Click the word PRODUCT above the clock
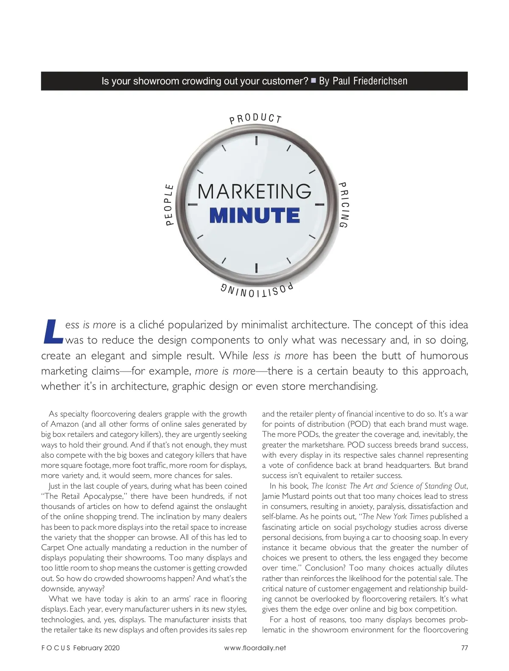(x=256, y=118)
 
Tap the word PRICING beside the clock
(x=343, y=205)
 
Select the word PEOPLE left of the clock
(x=169, y=205)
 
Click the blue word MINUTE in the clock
(x=255, y=215)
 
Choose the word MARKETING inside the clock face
(x=255, y=192)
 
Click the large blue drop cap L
(x=53, y=332)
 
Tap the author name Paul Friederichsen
(x=370, y=81)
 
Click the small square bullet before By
(x=313, y=80)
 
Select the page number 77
(x=464, y=648)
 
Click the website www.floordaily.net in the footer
(x=255, y=648)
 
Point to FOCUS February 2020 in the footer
(x=80, y=648)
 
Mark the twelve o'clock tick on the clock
(x=256, y=140)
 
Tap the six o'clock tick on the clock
(x=256, y=268)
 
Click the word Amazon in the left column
(x=64, y=424)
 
